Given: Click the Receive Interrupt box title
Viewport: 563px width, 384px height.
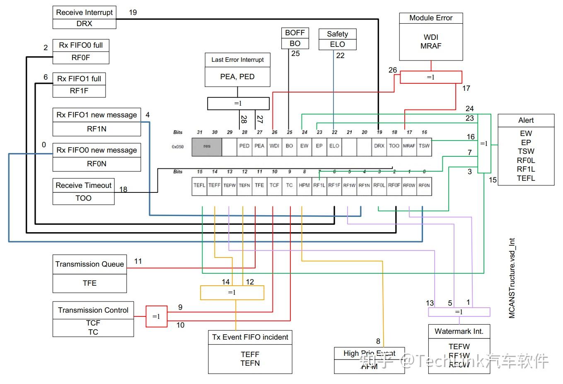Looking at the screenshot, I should (84, 12).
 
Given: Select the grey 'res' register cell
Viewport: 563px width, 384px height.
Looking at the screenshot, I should (207, 146).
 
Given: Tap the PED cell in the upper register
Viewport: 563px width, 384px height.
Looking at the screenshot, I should (244, 146).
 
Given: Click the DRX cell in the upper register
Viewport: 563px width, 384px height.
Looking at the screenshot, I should (379, 146).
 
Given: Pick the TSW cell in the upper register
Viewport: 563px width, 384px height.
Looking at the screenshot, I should (424, 146).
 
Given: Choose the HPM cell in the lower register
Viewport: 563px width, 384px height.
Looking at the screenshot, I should (304, 185).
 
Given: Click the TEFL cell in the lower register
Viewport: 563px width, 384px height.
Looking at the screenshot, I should (199, 185).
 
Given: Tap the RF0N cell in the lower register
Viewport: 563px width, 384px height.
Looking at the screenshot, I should (424, 185).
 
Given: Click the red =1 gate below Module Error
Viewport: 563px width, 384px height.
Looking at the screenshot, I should (431, 77).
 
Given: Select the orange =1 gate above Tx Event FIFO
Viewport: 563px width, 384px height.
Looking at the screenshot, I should (232, 293).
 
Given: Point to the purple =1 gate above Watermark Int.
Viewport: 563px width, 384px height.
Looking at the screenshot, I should (459, 312).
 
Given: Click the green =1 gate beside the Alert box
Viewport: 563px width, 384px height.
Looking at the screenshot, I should (484, 143).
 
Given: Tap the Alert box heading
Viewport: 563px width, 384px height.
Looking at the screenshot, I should (526, 121).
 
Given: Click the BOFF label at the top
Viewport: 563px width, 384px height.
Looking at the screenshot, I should (295, 33).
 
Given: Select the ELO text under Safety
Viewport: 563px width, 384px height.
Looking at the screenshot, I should (337, 44).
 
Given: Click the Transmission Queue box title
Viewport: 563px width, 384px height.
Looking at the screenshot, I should (89, 264).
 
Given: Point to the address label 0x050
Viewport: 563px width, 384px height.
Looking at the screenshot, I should (178, 147).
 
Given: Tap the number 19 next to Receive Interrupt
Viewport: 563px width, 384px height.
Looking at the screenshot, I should (133, 12).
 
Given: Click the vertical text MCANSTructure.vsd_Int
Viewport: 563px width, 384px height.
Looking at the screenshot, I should (512, 278).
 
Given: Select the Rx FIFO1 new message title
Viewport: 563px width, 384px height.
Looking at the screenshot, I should (97, 115).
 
